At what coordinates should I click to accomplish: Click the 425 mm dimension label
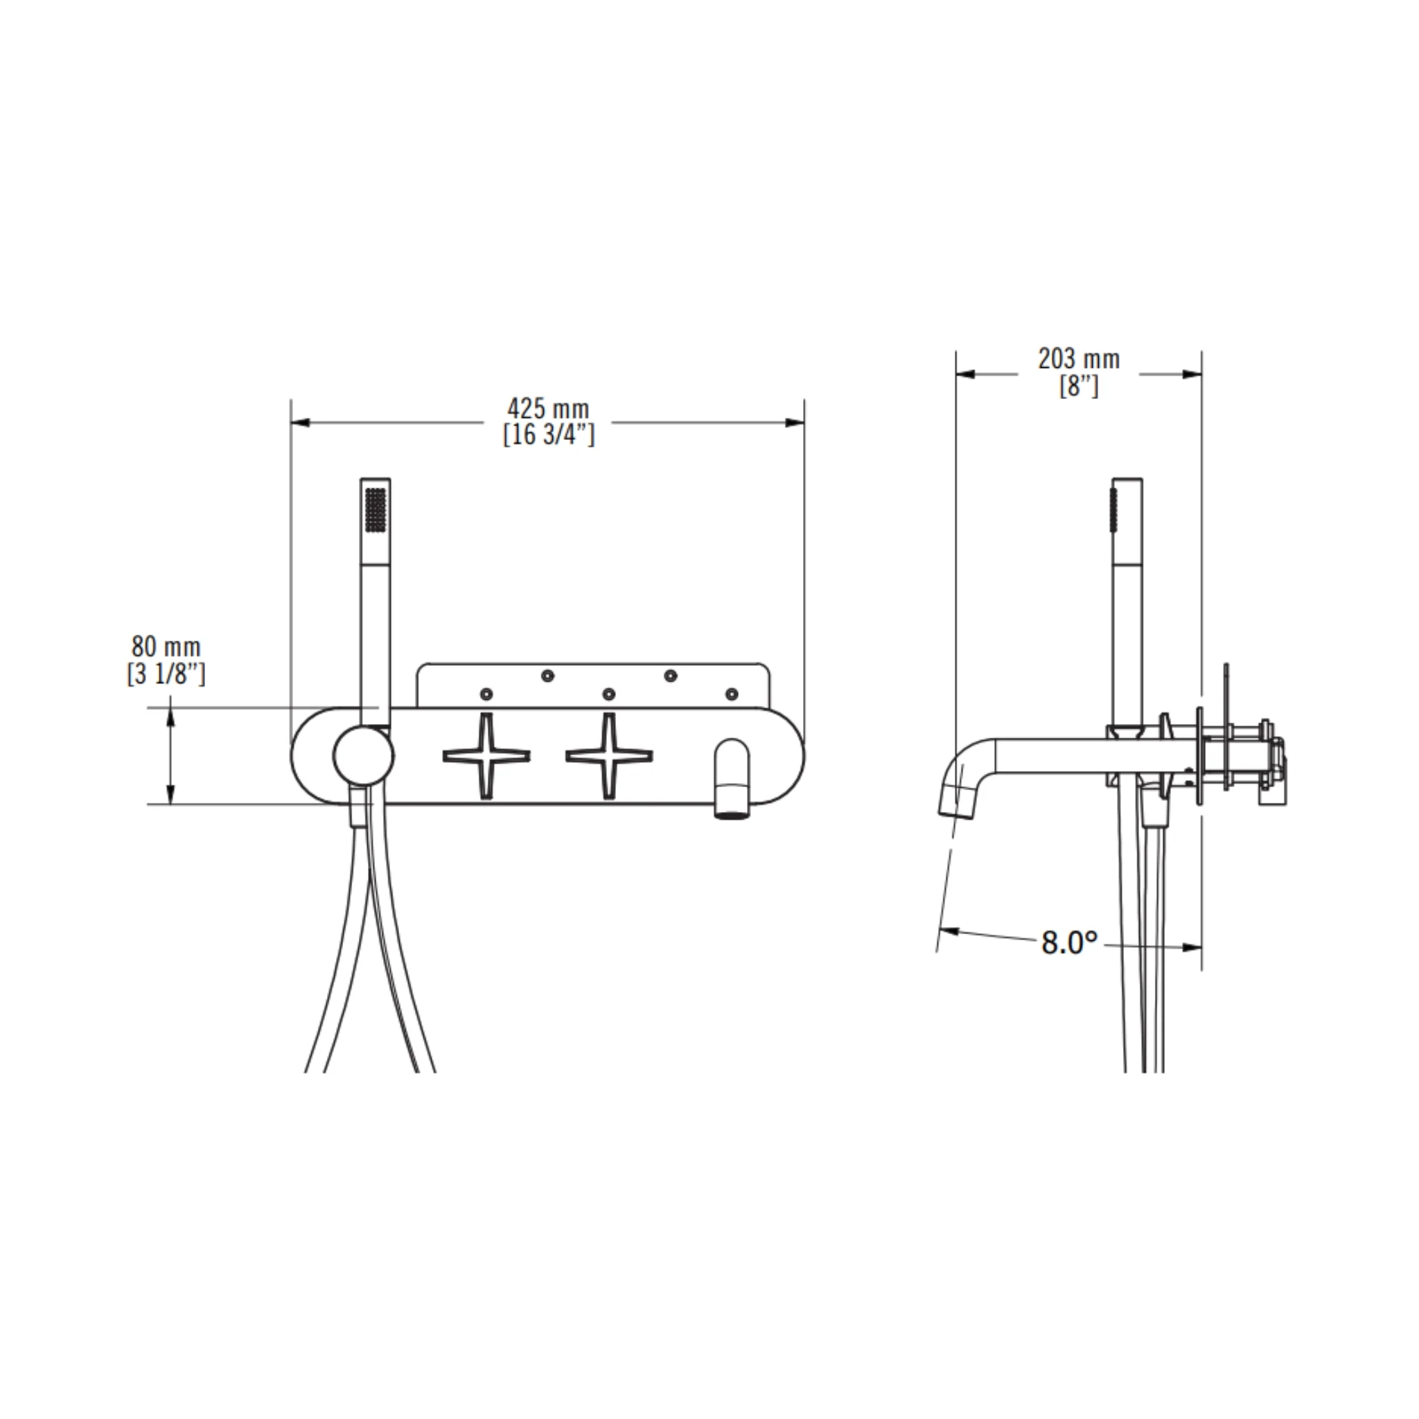(x=548, y=408)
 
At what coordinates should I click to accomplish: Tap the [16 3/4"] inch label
(x=549, y=435)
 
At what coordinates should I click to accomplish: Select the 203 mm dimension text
(x=1079, y=359)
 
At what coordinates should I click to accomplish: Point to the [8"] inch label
(x=1079, y=386)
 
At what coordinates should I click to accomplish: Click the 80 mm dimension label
(x=166, y=647)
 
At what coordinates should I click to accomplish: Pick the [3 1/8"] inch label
(x=166, y=673)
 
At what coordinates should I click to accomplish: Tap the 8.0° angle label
(x=1069, y=942)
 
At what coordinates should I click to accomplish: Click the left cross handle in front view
(x=486, y=756)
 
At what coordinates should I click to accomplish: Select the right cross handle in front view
(x=609, y=756)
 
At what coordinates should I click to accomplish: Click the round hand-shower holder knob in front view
(x=364, y=756)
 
